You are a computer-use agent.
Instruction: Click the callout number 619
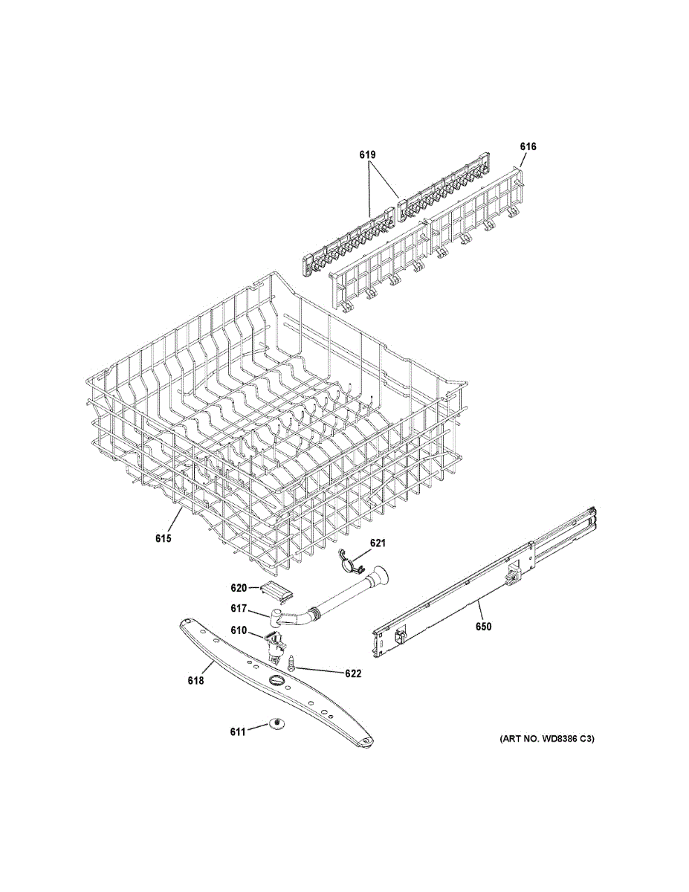point(367,155)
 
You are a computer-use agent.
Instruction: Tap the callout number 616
point(528,146)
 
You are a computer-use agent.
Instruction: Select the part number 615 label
point(164,538)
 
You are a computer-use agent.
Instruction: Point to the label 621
point(378,543)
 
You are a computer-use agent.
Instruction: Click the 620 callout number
point(238,587)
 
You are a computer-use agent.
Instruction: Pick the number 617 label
point(238,608)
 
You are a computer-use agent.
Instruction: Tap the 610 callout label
point(238,630)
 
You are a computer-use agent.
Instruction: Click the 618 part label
point(195,679)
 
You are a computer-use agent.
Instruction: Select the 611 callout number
point(238,732)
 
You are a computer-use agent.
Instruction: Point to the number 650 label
point(483,627)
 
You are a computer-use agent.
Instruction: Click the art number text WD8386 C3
point(546,739)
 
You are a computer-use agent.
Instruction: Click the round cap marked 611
point(276,723)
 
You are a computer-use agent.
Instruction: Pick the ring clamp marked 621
point(346,562)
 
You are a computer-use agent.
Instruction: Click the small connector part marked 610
point(274,644)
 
